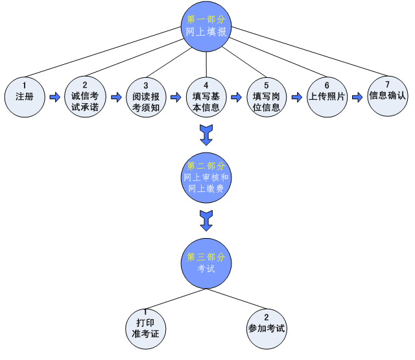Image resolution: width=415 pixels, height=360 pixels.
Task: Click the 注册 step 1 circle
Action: click(x=25, y=97)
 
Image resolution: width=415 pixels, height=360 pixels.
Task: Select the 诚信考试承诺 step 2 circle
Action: click(x=85, y=97)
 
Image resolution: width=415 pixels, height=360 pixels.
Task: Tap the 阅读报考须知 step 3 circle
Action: click(x=145, y=97)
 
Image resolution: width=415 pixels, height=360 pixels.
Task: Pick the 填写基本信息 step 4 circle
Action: click(x=206, y=97)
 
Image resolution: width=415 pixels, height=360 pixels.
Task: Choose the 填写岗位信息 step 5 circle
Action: click(x=266, y=97)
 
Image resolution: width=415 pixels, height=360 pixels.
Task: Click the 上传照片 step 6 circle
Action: click(x=327, y=97)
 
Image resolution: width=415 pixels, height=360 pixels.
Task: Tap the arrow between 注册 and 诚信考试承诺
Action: click(x=54, y=97)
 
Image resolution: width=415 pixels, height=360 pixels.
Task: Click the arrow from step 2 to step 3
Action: click(x=115, y=97)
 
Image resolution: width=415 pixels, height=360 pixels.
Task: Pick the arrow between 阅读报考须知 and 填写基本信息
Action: click(x=175, y=97)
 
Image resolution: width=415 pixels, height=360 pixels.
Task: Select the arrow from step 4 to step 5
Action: click(x=235, y=97)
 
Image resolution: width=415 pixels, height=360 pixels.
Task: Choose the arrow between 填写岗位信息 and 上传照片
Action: click(x=296, y=97)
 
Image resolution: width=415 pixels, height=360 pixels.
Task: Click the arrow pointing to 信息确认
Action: click(x=357, y=97)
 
